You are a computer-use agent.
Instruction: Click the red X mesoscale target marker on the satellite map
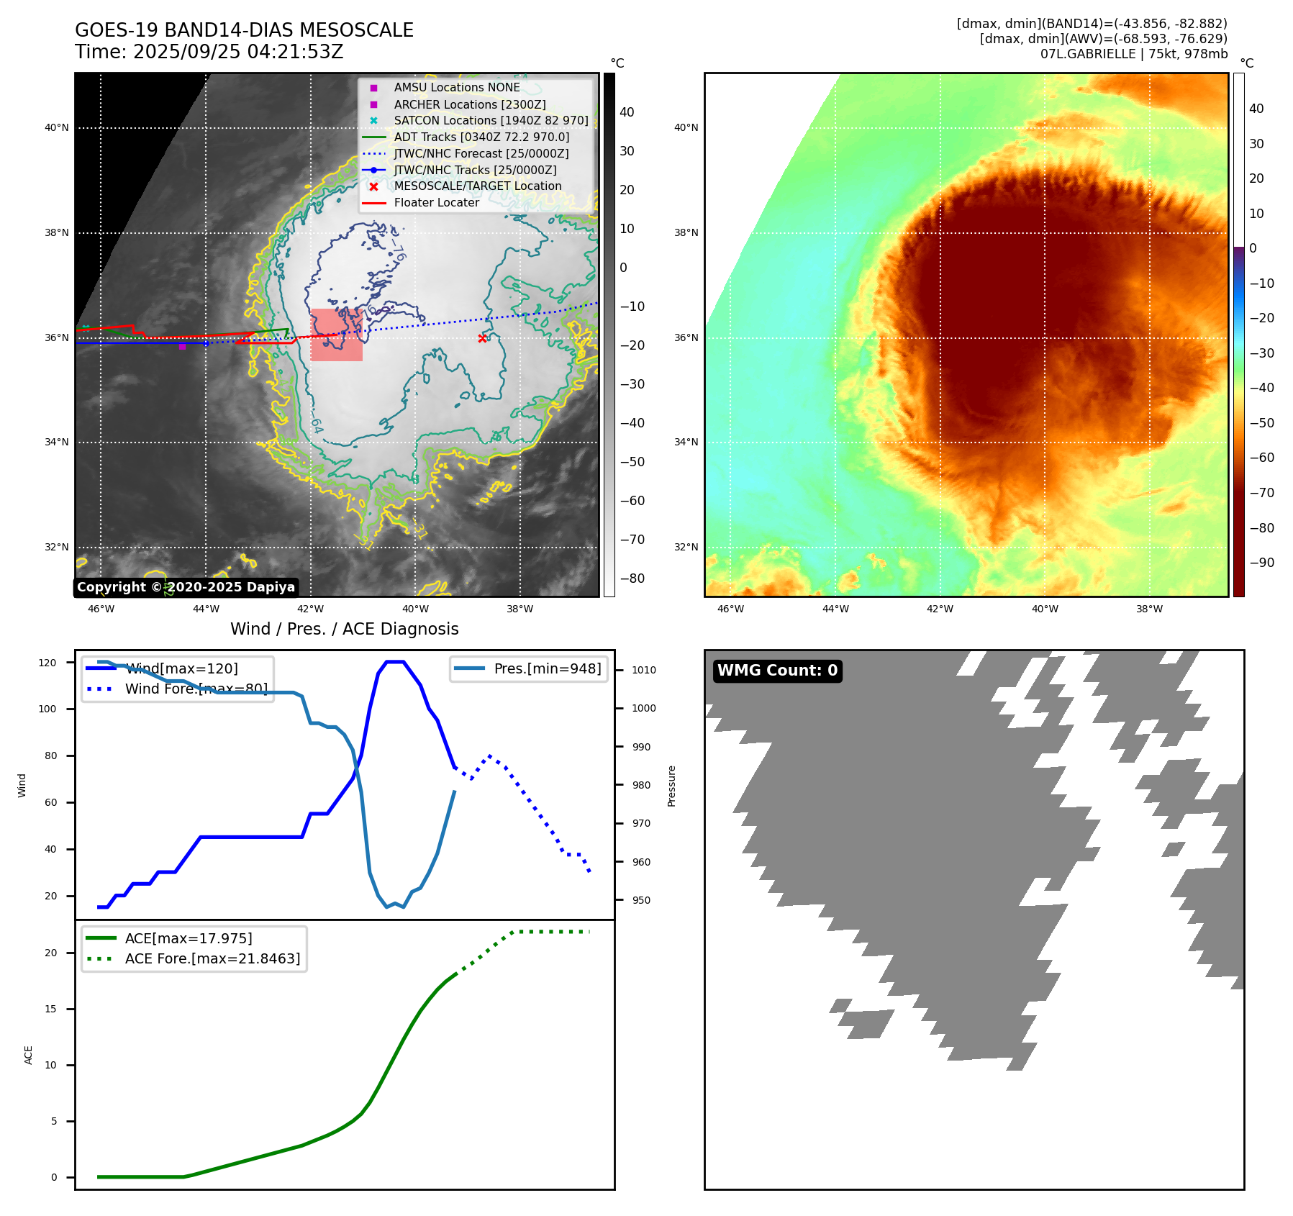coord(482,338)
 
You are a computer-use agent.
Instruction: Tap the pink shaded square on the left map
coord(337,335)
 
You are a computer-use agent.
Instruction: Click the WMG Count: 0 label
coord(777,671)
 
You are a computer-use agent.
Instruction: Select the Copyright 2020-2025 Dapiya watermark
coord(186,587)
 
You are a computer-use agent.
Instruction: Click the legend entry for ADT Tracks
coord(481,137)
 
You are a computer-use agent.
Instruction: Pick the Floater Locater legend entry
coord(436,203)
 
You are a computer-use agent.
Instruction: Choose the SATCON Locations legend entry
coord(491,120)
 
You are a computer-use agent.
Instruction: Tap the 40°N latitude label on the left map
coord(57,128)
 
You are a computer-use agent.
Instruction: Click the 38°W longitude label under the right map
coord(1149,609)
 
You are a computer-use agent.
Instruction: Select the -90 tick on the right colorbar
coord(1261,563)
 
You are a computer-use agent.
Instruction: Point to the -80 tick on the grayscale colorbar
coord(632,578)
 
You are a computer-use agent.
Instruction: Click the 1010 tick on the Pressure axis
coord(644,670)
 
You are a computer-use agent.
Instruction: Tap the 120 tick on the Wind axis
coord(47,663)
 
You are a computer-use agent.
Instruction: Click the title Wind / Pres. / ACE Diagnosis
coord(344,629)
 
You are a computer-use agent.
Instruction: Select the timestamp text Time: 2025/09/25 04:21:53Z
coord(209,52)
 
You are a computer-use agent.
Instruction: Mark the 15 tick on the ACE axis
coord(50,1009)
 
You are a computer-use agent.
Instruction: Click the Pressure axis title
coord(671,786)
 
